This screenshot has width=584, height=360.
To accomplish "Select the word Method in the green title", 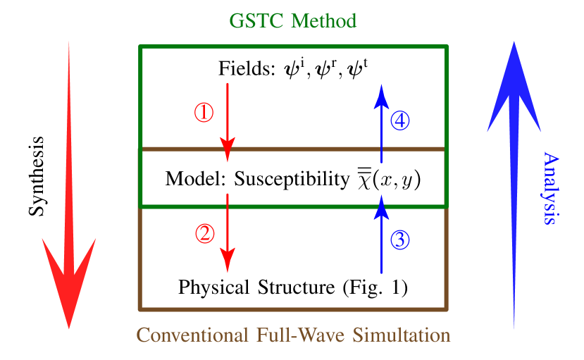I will pos(325,21).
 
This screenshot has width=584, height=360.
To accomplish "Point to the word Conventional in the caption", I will pos(191,335).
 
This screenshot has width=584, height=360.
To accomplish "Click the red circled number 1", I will pos(204,112).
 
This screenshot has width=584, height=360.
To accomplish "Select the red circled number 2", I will pos(204,233).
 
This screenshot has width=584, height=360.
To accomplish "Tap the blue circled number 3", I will pos(399,240).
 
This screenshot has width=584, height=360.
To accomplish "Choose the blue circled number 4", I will pos(400,121).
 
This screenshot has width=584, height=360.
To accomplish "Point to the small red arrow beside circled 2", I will pos(227,232).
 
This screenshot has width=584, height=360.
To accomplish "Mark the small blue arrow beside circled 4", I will pos(381,124).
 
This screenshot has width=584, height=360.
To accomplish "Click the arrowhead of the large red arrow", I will pos(69,282).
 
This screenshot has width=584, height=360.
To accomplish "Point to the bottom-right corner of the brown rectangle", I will pos(446,308).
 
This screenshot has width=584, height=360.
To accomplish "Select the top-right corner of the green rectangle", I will pos(446,47).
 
